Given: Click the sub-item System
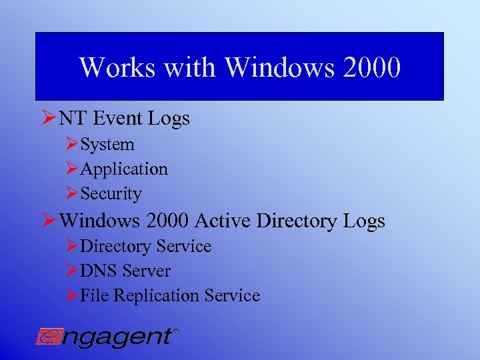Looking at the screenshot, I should point(107,145).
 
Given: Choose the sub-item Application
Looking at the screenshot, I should point(124,169).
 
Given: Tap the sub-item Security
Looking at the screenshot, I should point(111,194).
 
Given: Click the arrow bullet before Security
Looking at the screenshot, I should point(72,194).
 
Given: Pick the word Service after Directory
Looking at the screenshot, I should point(183,247).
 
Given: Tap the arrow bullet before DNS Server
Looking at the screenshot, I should point(72,271).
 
